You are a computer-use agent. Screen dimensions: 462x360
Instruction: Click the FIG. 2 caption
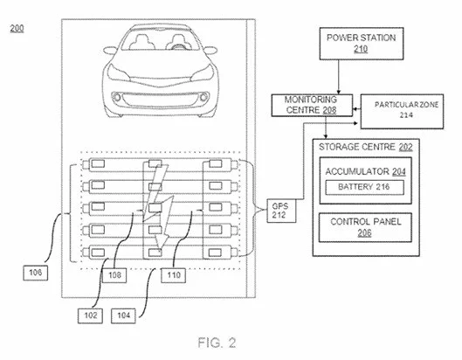217,343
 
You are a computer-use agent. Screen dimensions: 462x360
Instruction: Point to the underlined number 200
17,29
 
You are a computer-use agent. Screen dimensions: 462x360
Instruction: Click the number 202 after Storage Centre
406,147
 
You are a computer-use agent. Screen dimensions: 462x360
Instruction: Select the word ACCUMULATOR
357,171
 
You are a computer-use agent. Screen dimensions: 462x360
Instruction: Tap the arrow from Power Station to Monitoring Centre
339,77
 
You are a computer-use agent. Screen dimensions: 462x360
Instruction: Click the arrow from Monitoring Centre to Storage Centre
326,128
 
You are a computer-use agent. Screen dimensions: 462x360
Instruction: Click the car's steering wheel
177,46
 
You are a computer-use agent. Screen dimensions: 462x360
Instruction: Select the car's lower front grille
161,100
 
